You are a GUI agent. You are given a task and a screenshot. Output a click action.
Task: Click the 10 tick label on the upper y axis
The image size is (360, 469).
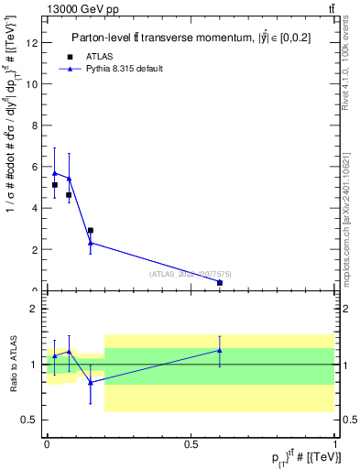coord(32,83)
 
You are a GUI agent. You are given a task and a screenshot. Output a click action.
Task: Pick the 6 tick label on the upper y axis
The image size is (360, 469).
coord(35,167)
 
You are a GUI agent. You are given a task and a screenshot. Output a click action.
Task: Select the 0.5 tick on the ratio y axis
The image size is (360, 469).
coord(30,420)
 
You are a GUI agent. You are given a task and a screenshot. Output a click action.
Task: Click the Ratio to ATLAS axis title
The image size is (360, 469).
coord(12,364)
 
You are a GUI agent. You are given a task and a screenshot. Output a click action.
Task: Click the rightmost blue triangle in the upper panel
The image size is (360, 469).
coord(220,282)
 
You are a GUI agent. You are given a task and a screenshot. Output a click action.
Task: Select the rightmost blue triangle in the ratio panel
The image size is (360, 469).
coord(220,350)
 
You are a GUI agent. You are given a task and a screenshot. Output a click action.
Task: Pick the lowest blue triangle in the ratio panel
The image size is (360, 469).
coord(90,382)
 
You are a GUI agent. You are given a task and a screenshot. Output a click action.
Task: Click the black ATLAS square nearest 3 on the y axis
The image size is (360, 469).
coord(90,231)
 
